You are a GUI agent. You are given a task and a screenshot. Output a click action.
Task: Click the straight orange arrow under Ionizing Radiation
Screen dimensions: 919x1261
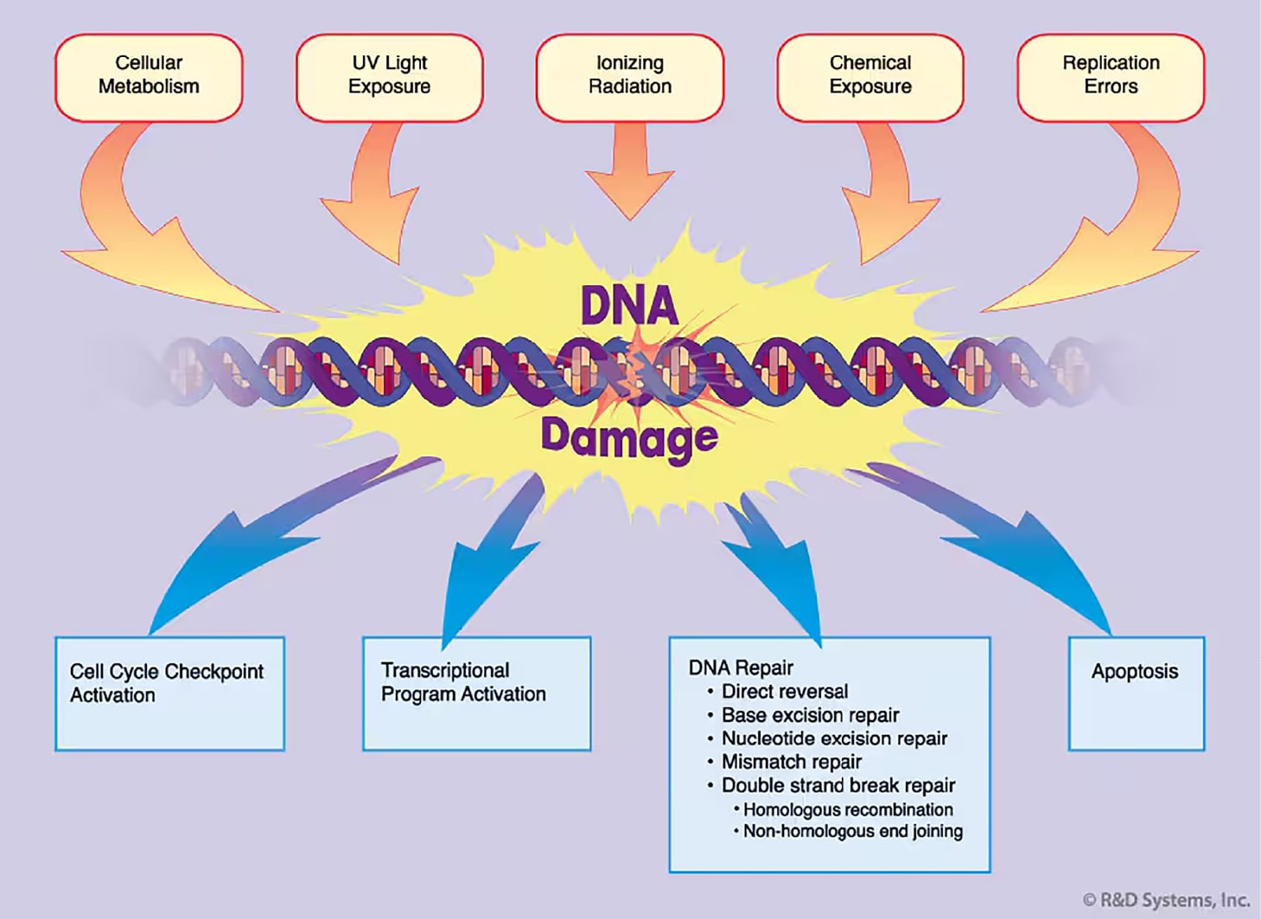(x=629, y=173)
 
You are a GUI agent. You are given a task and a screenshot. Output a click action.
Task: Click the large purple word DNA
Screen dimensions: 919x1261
(x=628, y=305)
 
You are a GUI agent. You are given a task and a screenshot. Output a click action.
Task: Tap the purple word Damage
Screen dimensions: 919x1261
(x=628, y=437)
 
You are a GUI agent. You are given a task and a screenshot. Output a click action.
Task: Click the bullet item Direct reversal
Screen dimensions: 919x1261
(x=784, y=692)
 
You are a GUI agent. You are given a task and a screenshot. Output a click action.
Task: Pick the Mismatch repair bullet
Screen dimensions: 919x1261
(x=791, y=762)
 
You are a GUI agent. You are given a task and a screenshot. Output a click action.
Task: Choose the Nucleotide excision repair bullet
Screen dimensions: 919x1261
(x=834, y=738)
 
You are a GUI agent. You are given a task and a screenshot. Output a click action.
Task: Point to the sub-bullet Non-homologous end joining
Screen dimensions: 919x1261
(x=852, y=831)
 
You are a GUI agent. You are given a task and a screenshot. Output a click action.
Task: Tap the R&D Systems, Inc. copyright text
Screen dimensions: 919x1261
(x=1166, y=900)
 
